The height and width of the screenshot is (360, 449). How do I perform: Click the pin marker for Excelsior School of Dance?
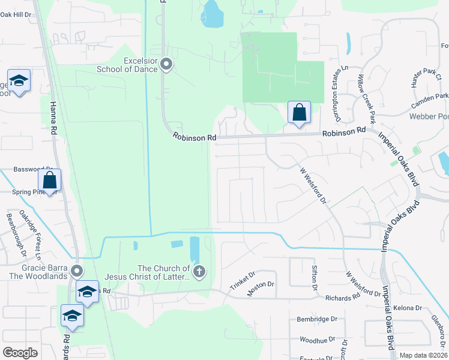tap(167, 64)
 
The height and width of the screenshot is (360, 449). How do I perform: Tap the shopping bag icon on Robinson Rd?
tap(299, 112)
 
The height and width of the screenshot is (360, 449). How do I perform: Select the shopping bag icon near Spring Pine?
tap(50, 179)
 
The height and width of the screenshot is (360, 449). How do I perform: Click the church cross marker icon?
tap(199, 272)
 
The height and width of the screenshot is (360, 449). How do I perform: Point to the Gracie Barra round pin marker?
tap(76, 271)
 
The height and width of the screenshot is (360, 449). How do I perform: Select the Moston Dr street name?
tap(261, 289)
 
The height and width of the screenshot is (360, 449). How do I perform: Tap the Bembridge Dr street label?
tap(317, 320)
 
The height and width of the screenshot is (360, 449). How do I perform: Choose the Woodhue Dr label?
tap(317, 340)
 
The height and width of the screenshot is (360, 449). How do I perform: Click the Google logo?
tap(20, 353)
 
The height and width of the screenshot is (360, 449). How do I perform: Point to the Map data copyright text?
tap(423, 355)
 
